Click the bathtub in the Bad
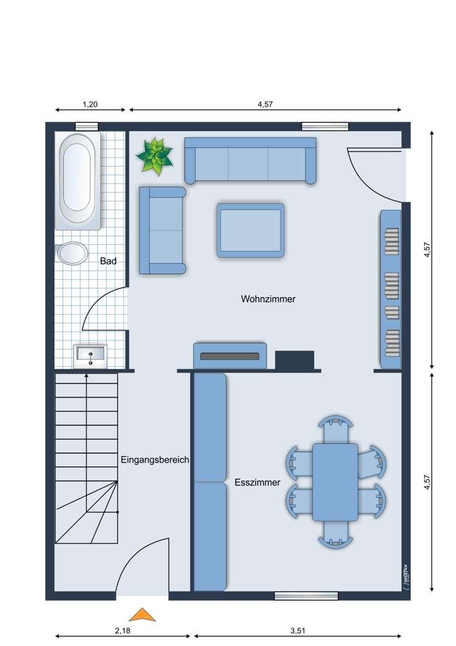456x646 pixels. pos(78,181)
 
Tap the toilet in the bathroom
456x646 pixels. pos(72,253)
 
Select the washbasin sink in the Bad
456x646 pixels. pos(90,357)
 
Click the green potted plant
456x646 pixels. pos(155,156)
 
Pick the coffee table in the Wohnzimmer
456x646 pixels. pos(251,231)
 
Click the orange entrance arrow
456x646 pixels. pos(143,614)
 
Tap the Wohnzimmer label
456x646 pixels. pos(268,298)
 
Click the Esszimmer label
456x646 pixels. pos(258,482)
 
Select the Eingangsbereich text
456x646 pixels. pos(155,460)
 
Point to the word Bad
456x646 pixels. pos(109,261)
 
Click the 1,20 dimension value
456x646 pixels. pos(90,104)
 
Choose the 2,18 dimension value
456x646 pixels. pos(123,630)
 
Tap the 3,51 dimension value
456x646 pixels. pos(298,630)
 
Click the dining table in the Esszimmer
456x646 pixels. pos(335,482)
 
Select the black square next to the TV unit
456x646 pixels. pos(295,360)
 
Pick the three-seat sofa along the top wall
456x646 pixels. pos(251,161)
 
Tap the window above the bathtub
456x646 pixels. pos(87,127)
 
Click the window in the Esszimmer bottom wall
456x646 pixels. pos(306,596)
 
